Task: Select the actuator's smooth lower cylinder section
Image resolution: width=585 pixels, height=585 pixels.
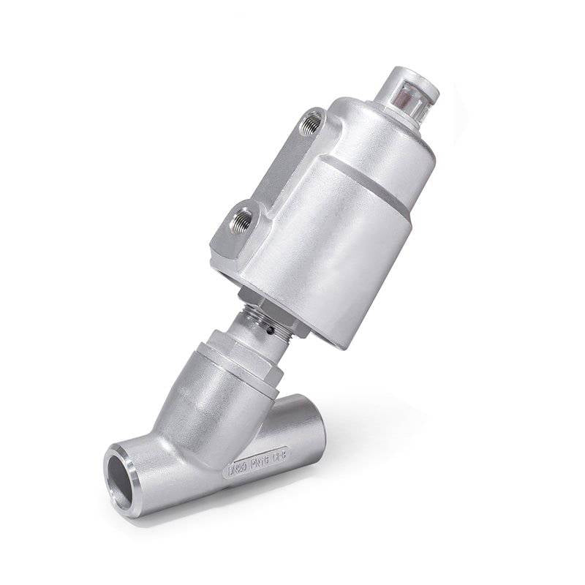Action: click(x=344, y=249)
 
